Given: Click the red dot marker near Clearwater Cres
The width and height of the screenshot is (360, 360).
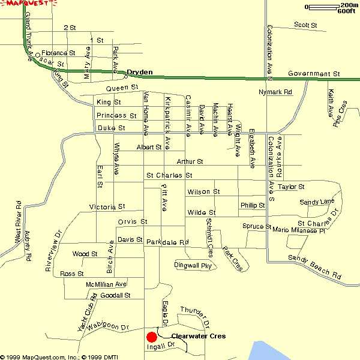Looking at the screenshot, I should (x=151, y=336).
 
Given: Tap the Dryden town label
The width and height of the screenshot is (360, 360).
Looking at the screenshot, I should (x=140, y=73).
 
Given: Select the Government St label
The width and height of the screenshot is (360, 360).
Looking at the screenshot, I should (x=314, y=74).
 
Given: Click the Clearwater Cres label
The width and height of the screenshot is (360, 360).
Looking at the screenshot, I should (x=199, y=337).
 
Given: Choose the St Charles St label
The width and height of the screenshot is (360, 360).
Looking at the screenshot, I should (x=169, y=176).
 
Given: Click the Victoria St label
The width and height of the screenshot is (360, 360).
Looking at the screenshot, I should (x=107, y=206).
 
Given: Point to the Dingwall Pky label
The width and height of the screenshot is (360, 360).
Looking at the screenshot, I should (x=193, y=265).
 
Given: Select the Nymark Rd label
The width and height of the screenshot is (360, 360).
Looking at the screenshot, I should (x=275, y=92).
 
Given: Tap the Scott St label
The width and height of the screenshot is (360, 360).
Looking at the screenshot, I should (x=305, y=25).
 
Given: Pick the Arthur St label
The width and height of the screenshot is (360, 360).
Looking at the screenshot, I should (x=190, y=162).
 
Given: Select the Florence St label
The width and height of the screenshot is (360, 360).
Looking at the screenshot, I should (x=58, y=53).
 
